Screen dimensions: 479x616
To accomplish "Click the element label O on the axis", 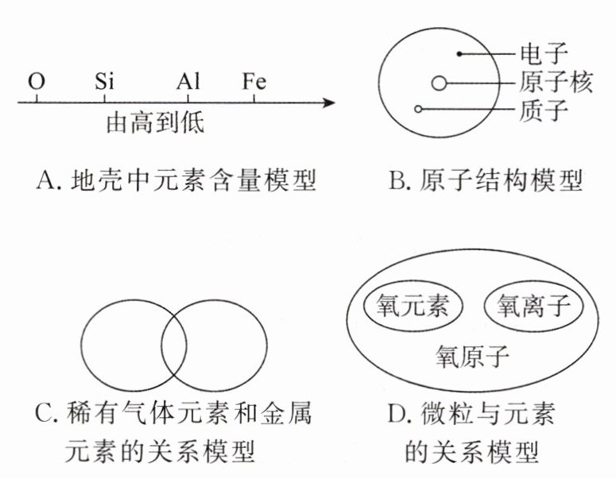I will click(x=36, y=82).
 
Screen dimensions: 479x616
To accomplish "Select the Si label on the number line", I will click(x=106, y=82).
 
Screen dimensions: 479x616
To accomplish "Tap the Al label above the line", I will click(x=188, y=82).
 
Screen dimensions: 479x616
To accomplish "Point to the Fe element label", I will click(x=254, y=82).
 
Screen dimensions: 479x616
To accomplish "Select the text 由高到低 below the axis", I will click(x=156, y=124).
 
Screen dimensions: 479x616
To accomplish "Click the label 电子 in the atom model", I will click(x=545, y=55).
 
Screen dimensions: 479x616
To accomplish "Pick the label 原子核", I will click(x=557, y=83).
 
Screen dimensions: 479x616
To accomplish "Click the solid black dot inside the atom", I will click(x=459, y=54).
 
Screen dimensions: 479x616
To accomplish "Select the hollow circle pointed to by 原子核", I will click(x=440, y=83).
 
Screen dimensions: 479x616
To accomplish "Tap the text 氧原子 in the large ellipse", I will click(x=471, y=355).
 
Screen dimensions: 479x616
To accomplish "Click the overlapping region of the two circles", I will click(x=174, y=347).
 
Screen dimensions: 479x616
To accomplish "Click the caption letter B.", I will click(x=397, y=182).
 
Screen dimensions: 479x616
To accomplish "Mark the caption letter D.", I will click(x=396, y=414).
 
